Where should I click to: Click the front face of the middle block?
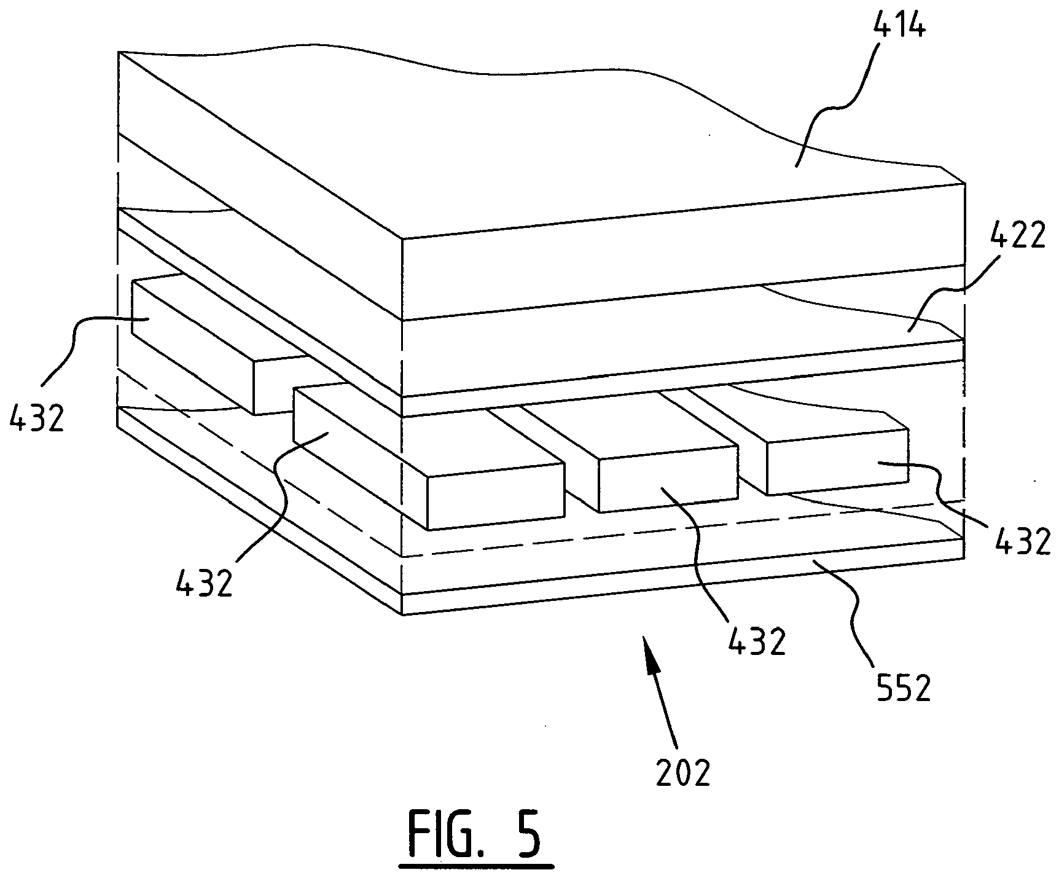668,479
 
